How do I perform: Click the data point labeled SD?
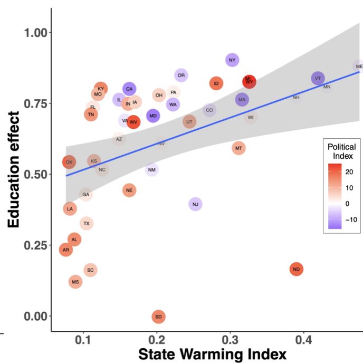158,317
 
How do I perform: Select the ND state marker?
297,269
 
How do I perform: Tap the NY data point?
232,60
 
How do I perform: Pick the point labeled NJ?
196,204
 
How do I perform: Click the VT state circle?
318,79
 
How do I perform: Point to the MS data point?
75,282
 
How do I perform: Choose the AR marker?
65,250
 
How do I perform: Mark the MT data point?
239,148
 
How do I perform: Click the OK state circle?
69,162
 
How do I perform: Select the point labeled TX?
87,224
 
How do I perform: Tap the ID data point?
216,83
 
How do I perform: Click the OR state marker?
181,75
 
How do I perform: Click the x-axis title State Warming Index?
212,354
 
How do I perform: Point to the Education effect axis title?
14,169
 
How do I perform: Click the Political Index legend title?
341,151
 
